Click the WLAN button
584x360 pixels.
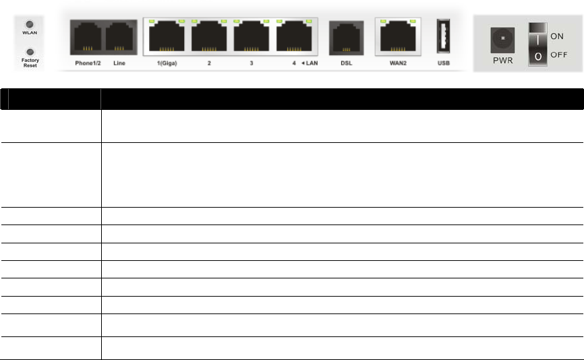tap(30, 31)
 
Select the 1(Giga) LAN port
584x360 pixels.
tap(167, 37)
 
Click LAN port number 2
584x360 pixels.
tap(209, 37)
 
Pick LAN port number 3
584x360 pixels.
tap(252, 37)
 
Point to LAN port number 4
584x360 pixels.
tap(294, 37)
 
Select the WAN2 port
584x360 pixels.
tap(397, 37)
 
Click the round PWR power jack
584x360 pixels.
tap(502, 38)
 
